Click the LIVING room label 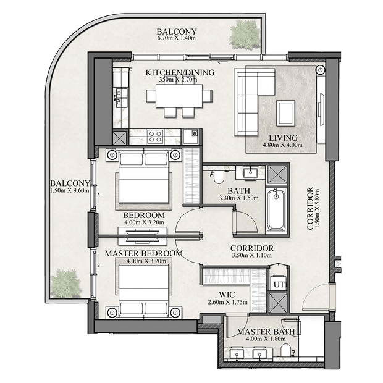[x=283, y=138]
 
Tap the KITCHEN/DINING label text [x=180, y=72]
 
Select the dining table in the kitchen [x=179, y=96]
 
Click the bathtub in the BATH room [x=276, y=209]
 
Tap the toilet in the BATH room [x=218, y=177]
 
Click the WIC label [x=227, y=295]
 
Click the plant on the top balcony [x=244, y=33]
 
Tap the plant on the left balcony [x=65, y=284]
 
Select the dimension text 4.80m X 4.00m [x=282, y=145]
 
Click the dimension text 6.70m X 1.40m [x=177, y=38]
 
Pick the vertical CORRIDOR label [x=310, y=208]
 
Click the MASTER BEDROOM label [x=144, y=253]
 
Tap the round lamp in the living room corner [x=320, y=70]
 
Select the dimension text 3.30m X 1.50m [x=238, y=198]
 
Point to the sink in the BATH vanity [x=250, y=172]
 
